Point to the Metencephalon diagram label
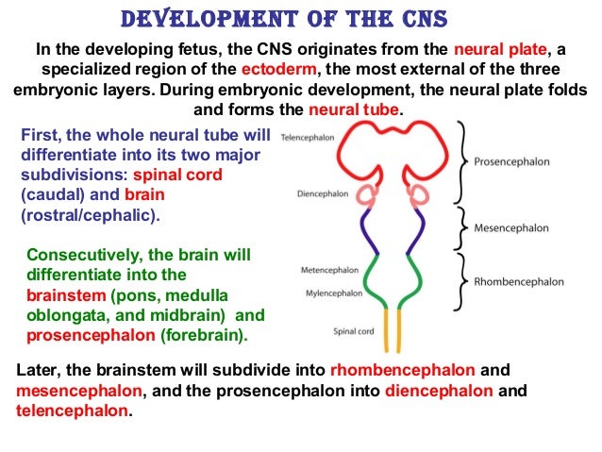(326, 270)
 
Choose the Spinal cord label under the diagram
(355, 331)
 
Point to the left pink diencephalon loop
(363, 195)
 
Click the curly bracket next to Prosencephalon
(465, 161)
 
